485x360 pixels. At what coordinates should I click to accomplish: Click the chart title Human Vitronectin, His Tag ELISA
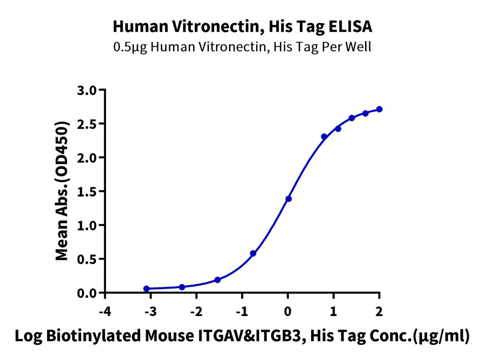242,26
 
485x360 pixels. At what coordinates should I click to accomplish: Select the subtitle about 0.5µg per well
242,47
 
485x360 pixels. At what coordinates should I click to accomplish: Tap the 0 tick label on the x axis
288,312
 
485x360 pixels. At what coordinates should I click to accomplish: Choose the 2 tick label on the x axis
379,312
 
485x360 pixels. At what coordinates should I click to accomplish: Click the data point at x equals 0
288,198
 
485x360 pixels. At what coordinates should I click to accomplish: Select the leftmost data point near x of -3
146,289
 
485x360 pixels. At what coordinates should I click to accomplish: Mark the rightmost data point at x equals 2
379,109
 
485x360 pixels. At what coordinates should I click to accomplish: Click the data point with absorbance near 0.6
253,254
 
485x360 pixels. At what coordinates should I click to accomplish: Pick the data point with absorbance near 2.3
324,136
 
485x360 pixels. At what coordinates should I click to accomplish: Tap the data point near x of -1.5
218,280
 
